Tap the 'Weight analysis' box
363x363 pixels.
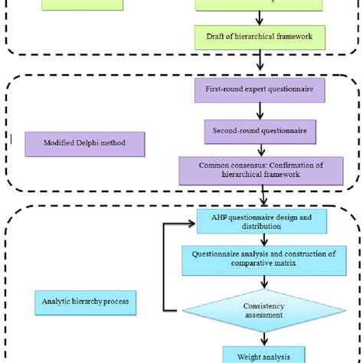click(x=262, y=354)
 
